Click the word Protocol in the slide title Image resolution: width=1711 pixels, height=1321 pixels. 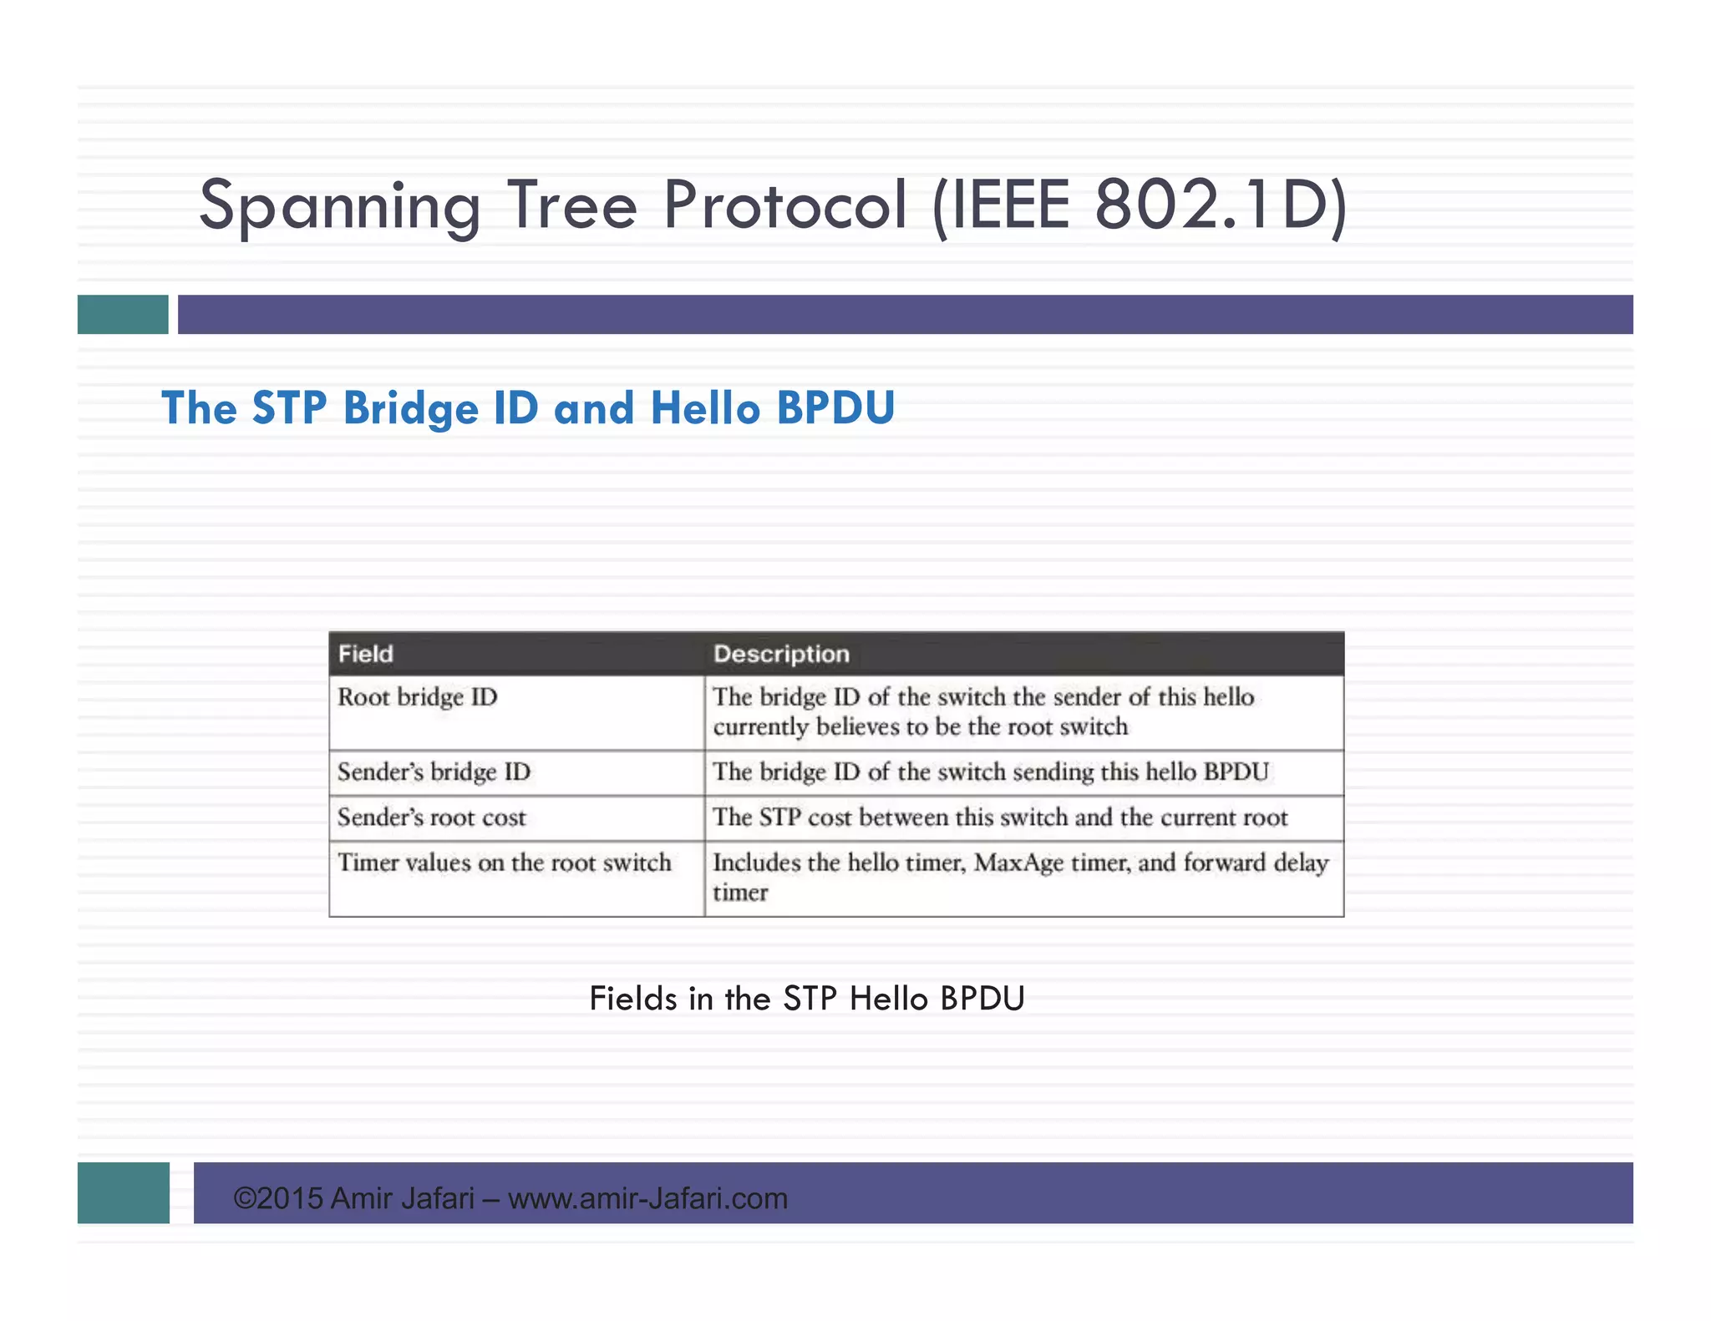(x=784, y=205)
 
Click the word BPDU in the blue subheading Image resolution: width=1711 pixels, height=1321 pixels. (x=835, y=408)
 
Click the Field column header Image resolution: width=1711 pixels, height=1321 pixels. (x=366, y=654)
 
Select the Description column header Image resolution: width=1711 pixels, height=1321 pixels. (x=781, y=654)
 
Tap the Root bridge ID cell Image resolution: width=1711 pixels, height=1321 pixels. (x=417, y=697)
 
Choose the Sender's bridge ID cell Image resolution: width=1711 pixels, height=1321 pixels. (x=434, y=772)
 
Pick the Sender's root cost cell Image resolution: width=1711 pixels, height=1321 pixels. (x=431, y=817)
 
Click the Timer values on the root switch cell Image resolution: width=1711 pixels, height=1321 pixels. (x=504, y=863)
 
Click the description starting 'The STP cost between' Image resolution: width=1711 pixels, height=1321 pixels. (x=999, y=817)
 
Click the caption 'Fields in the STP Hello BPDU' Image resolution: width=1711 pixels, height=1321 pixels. (x=806, y=999)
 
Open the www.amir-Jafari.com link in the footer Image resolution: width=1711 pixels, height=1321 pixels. (x=647, y=1198)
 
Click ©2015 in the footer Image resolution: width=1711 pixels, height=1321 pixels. (x=278, y=1198)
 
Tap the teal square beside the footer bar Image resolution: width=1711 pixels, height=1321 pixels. (x=123, y=1192)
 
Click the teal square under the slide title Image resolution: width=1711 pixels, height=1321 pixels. (x=123, y=314)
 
